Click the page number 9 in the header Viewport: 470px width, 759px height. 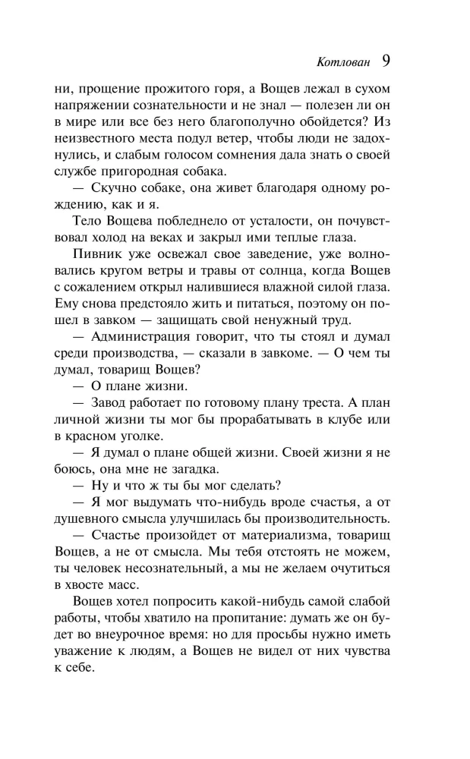pos(386,60)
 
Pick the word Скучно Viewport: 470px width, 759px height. pos(112,193)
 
